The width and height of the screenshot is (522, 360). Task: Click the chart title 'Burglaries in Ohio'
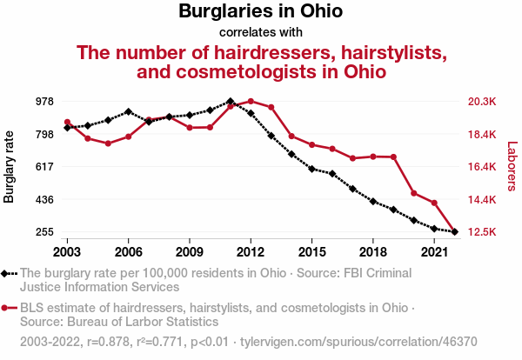click(261, 12)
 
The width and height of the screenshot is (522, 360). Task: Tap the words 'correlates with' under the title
click(261, 33)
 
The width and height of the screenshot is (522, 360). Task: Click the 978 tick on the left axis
click(45, 102)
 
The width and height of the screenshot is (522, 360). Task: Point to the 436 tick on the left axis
click(45, 200)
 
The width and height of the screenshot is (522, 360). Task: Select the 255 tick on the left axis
click(45, 232)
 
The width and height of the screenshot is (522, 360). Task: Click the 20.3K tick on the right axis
click(481, 102)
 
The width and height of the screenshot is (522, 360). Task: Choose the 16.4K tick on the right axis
click(481, 167)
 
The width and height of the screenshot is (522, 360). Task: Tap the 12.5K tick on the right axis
click(481, 232)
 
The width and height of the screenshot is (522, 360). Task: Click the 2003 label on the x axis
click(67, 251)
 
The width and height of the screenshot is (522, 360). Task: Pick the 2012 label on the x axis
click(251, 251)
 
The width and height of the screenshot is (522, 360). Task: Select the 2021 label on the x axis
click(434, 251)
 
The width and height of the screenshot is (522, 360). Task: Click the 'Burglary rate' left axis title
click(10, 167)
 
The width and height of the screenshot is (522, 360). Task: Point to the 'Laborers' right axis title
click(512, 167)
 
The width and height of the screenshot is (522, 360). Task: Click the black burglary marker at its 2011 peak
click(230, 101)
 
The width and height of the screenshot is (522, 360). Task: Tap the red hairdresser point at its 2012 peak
click(251, 102)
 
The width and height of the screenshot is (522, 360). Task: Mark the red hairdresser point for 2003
click(67, 123)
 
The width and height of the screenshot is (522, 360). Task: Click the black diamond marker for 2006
click(128, 111)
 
